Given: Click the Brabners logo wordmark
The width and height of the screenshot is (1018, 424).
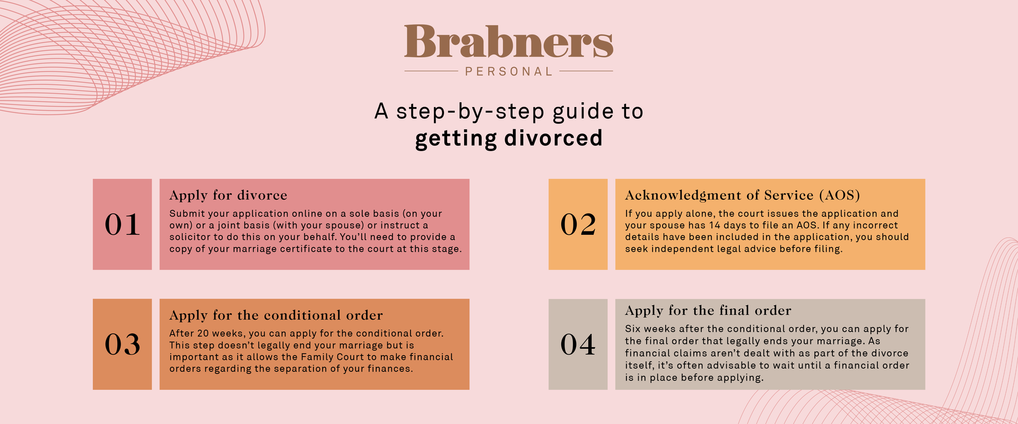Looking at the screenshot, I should click(509, 42).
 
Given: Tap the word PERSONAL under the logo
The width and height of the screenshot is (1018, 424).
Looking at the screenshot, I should click(509, 72).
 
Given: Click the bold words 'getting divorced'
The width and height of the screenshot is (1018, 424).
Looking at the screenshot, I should click(509, 138).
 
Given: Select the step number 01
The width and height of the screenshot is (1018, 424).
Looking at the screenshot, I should click(122, 224).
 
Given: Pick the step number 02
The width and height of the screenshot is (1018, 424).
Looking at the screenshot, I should click(578, 224).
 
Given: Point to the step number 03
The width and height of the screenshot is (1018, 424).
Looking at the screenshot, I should click(122, 344).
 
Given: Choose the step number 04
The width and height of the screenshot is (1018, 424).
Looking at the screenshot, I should click(578, 344).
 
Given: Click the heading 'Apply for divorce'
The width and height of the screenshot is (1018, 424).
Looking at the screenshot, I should click(228, 196).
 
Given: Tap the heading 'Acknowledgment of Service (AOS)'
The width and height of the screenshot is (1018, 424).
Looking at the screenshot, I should click(742, 196).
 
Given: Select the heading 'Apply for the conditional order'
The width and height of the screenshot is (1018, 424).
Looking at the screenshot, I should click(276, 315).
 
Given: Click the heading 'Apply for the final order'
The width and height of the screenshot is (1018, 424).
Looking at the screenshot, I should click(708, 311).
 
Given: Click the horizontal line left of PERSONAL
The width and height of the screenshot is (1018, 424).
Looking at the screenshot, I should click(431, 70).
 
